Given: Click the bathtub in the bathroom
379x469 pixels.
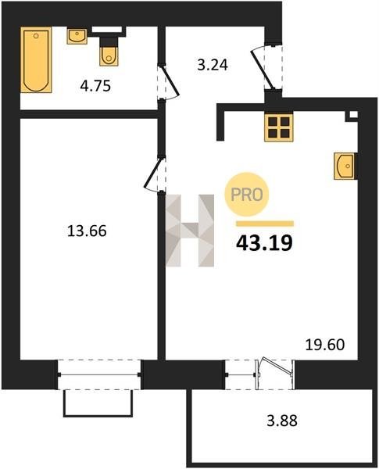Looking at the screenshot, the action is tap(36, 60).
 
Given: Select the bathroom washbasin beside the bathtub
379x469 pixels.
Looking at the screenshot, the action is tap(77, 36).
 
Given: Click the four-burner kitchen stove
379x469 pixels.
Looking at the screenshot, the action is tap(278, 127).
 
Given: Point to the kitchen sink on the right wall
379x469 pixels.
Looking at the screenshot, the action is tap(345, 166).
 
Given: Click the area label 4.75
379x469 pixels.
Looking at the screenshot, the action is tap(95, 86).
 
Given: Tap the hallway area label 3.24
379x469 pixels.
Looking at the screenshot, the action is tap(213, 65).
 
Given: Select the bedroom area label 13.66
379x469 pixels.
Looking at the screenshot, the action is tap(87, 231).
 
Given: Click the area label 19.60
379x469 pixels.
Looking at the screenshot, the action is tap(325, 345).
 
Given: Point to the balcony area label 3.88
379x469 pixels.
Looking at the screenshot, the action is tap(282, 421).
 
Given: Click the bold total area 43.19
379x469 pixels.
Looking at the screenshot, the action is tap(264, 243).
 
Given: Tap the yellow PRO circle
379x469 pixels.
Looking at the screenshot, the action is tap(247, 195).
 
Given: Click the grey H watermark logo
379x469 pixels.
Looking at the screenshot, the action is tap(190, 231).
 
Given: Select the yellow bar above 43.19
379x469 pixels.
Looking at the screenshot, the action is tap(265, 224).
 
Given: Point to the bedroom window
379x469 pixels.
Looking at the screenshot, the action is tap(99, 374).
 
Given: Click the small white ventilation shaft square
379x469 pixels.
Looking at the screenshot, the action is tap(353, 114).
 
